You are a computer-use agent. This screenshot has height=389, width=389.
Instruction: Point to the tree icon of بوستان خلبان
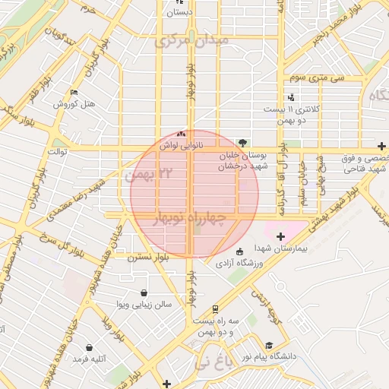tap(242, 142)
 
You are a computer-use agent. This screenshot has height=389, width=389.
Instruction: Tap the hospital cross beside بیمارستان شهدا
tap(281, 237)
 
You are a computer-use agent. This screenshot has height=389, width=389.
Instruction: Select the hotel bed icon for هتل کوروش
tap(73, 93)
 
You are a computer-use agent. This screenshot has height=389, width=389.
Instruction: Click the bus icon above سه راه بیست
tap(215, 309)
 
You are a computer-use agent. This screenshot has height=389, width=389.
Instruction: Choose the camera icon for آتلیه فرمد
tap(77, 357)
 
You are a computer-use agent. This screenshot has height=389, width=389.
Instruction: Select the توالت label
tap(59, 151)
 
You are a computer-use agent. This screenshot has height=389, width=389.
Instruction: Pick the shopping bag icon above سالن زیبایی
tap(144, 293)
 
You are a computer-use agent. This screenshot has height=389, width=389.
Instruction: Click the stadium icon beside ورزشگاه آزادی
tap(240, 251)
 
